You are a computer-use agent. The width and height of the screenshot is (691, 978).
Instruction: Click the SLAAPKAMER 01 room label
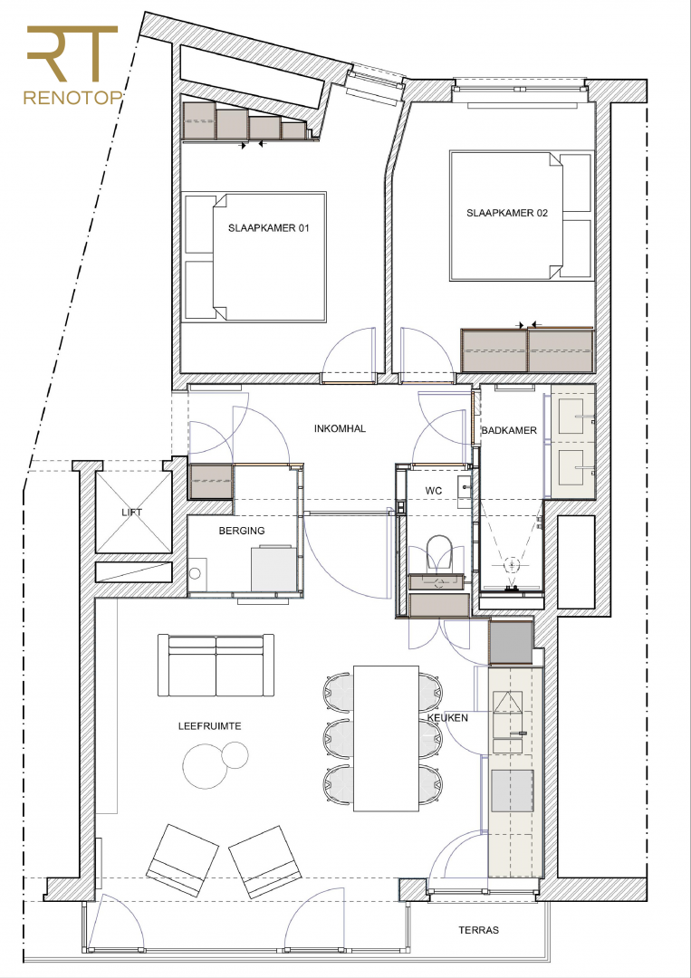(x=268, y=228)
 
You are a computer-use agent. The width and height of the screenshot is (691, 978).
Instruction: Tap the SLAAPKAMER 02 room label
(x=507, y=213)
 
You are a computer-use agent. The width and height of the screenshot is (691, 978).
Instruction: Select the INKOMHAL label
(x=340, y=428)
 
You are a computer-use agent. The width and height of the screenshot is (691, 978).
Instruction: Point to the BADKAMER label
(x=509, y=430)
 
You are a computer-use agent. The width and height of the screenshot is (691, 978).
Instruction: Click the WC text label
(x=434, y=491)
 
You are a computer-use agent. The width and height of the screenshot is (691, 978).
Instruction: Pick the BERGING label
(x=241, y=531)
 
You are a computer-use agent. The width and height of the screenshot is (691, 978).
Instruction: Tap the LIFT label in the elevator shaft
(x=131, y=513)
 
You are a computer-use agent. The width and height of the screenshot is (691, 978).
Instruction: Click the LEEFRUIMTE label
(x=209, y=726)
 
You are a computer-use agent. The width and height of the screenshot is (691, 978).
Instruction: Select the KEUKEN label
(x=447, y=718)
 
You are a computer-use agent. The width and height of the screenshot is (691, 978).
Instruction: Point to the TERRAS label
(x=478, y=930)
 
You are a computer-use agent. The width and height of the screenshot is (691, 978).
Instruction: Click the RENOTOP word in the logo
(x=72, y=98)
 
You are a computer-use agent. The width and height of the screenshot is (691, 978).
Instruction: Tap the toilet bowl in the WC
(x=438, y=552)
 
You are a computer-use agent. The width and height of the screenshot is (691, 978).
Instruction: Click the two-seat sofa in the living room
(x=216, y=665)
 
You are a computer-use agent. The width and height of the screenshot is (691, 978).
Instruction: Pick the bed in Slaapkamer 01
(x=255, y=257)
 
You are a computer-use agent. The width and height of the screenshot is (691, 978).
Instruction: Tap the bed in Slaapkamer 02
(x=520, y=216)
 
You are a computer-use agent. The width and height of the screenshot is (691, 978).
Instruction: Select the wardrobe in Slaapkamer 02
(x=527, y=350)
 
